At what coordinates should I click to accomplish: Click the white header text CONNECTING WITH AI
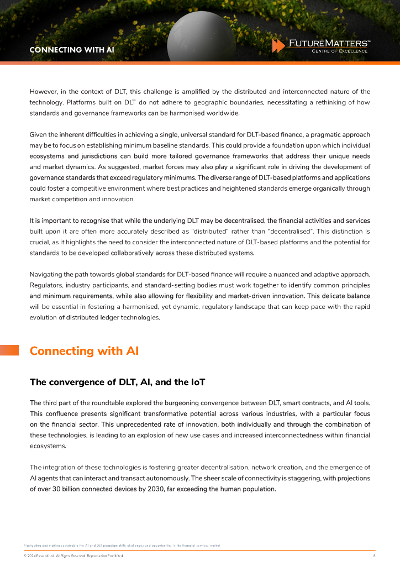tap(72, 49)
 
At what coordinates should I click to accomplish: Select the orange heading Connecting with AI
tap(84, 351)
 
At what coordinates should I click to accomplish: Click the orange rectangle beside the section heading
tap(9, 350)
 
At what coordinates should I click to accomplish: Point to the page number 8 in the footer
tap(375, 555)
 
